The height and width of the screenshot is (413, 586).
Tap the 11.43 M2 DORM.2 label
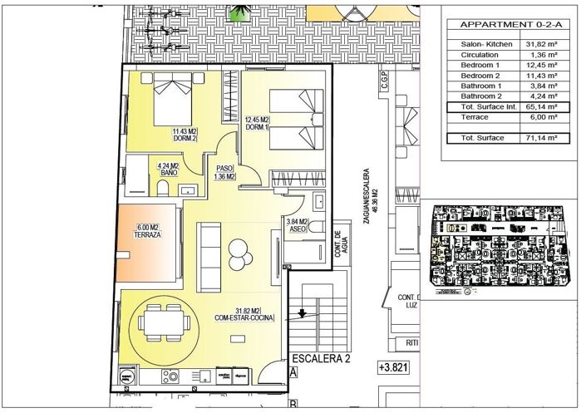point(185,135)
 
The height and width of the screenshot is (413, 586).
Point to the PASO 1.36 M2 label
point(224,172)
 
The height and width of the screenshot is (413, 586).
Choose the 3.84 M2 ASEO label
point(297,226)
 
